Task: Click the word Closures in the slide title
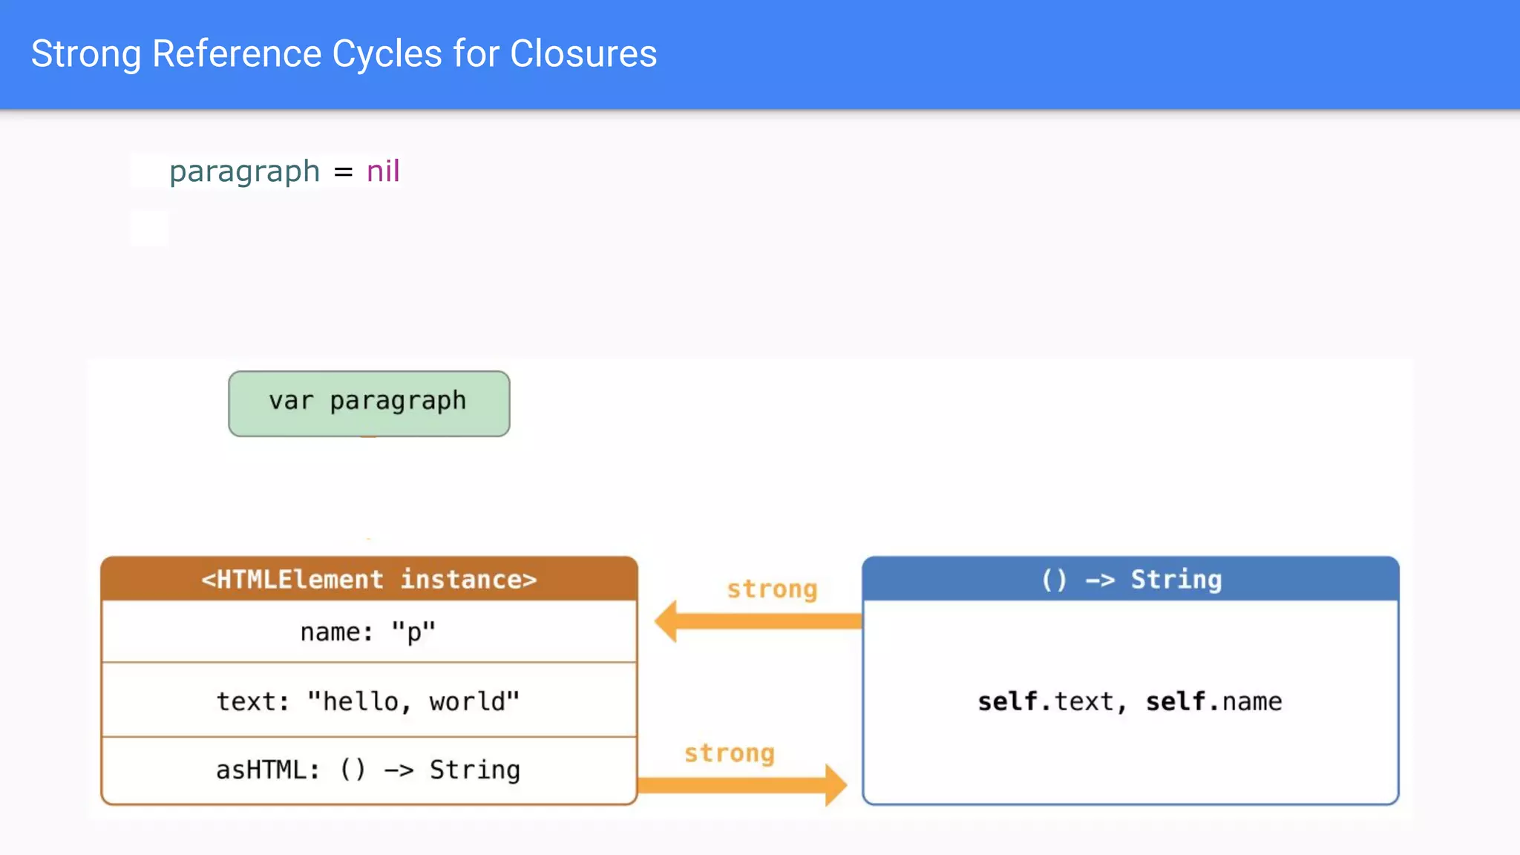[x=583, y=54]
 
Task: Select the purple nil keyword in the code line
[x=383, y=171]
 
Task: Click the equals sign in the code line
[x=343, y=172]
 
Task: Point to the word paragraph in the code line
[x=244, y=172]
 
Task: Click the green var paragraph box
[x=369, y=403]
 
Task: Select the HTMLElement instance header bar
[x=369, y=579]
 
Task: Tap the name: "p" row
[x=369, y=632]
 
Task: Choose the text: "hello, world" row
[x=369, y=701]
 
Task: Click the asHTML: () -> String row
[x=369, y=770]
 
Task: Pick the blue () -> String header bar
[x=1130, y=579]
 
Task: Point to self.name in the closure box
[x=1213, y=701]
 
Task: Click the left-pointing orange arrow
[x=757, y=621]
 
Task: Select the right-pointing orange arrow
[x=742, y=785]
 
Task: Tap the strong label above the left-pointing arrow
[x=772, y=589]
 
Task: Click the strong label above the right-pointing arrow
[x=730, y=753]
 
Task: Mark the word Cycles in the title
[x=387, y=54]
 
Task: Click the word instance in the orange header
[x=468, y=579]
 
